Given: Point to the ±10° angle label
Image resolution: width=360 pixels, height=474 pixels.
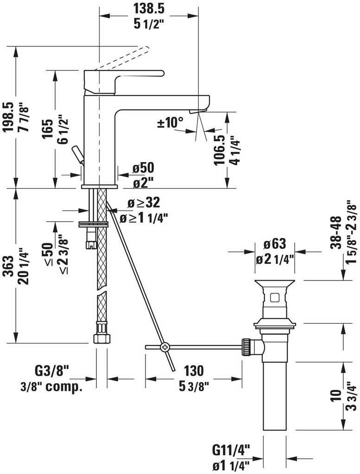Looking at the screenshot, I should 170,123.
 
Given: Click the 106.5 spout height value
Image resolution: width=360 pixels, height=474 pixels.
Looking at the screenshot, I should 219,150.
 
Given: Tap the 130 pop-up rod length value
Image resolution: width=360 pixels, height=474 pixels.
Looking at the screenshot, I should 193,370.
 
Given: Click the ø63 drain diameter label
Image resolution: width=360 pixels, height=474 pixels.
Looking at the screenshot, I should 275,244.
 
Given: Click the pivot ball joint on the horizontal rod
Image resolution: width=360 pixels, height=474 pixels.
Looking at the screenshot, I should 164,346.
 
